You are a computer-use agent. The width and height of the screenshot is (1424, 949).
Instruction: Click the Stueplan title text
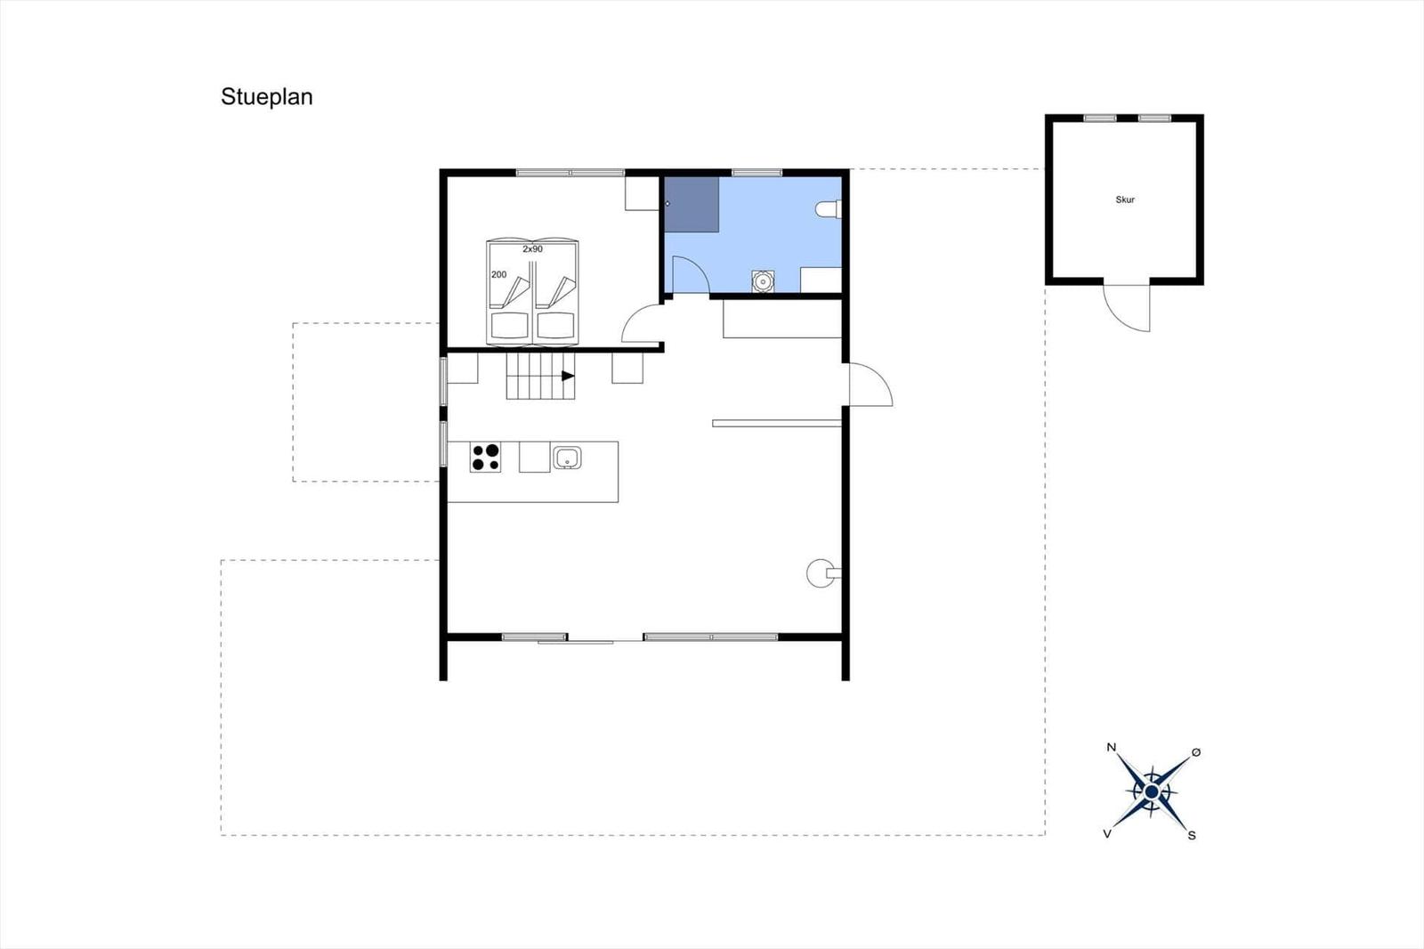(266, 97)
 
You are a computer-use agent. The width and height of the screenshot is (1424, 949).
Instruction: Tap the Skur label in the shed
(1125, 199)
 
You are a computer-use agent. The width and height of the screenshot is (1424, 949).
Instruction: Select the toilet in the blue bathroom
(829, 209)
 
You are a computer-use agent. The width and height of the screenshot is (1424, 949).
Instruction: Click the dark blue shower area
(692, 204)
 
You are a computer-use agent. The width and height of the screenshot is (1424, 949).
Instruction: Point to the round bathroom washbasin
(763, 280)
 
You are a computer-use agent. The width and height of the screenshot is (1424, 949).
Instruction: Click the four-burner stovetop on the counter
(485, 458)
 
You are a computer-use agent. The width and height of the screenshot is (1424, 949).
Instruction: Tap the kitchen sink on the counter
(566, 458)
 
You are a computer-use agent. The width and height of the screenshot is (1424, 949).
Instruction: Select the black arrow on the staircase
(568, 376)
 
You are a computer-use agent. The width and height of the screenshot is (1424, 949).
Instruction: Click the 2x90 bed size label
(533, 249)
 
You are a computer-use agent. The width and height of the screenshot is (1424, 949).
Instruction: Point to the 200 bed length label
(499, 275)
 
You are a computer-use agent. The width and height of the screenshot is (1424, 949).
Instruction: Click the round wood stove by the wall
(821, 573)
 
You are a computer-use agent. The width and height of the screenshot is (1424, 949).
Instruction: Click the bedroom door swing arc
(634, 316)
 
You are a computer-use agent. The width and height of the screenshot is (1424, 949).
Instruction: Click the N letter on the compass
(1112, 748)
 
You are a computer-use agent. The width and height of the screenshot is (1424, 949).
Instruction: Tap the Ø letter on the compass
(1196, 752)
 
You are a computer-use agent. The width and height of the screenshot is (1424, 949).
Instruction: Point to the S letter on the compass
(1192, 836)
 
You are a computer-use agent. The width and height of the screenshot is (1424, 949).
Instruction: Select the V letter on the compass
(1107, 834)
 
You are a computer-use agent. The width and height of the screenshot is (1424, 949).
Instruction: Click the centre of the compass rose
(1152, 792)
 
